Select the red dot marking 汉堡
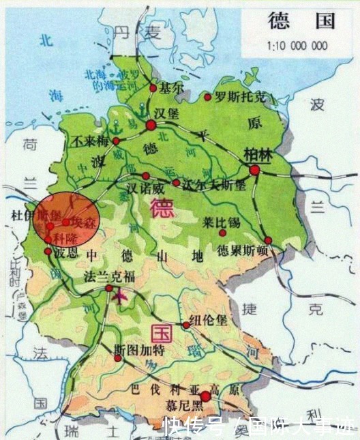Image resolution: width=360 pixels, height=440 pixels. [151, 125]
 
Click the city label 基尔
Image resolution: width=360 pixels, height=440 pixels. [170, 88]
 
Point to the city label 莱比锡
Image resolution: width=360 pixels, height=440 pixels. [222, 222]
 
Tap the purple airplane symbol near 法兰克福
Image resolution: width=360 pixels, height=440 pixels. [121, 296]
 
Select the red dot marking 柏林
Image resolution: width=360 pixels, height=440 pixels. [254, 170]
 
